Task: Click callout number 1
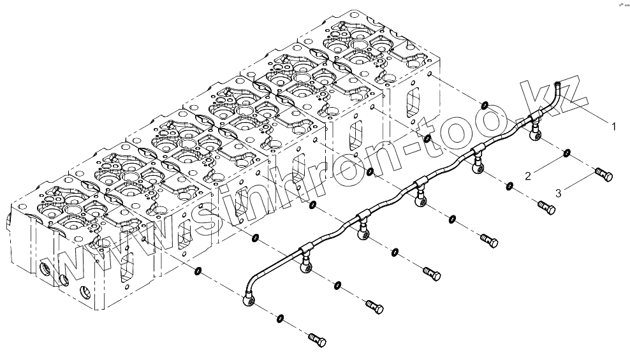(613, 127)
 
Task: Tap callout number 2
(528, 175)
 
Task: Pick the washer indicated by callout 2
(566, 153)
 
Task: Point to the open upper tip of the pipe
(556, 82)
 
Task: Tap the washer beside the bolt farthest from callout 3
(281, 317)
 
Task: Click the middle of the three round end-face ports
(64, 280)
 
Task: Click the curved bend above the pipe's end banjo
(254, 278)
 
